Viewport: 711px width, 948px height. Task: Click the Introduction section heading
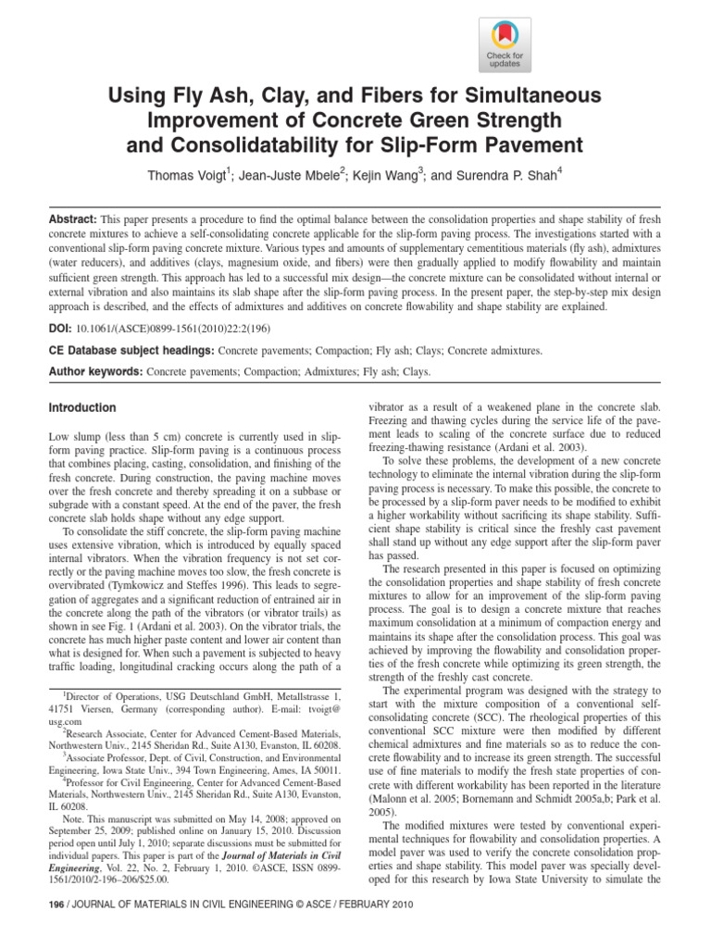click(81, 407)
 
